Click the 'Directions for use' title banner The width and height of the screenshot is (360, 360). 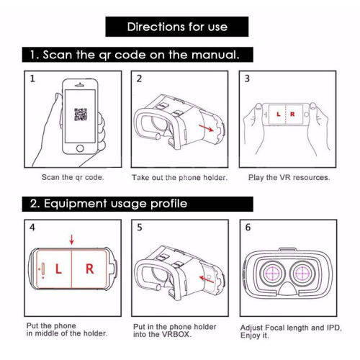click(x=177, y=27)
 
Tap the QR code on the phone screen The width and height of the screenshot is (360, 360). click(x=81, y=114)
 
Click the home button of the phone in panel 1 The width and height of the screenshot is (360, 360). click(x=80, y=148)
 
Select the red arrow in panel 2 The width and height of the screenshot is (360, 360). click(x=206, y=128)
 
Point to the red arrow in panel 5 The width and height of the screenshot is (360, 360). click(x=207, y=279)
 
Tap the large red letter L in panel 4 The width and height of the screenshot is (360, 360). click(x=58, y=269)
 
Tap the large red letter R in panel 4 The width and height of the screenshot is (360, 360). click(x=89, y=269)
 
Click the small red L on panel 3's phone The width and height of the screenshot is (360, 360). click(x=279, y=114)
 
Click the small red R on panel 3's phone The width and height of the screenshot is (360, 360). click(x=292, y=114)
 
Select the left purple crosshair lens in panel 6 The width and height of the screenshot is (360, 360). click(x=273, y=274)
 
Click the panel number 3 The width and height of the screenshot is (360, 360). click(x=247, y=78)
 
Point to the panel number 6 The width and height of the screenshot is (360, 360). click(x=248, y=227)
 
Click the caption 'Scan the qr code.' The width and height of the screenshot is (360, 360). click(x=73, y=177)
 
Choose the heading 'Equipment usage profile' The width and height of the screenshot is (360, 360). click(x=115, y=204)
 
